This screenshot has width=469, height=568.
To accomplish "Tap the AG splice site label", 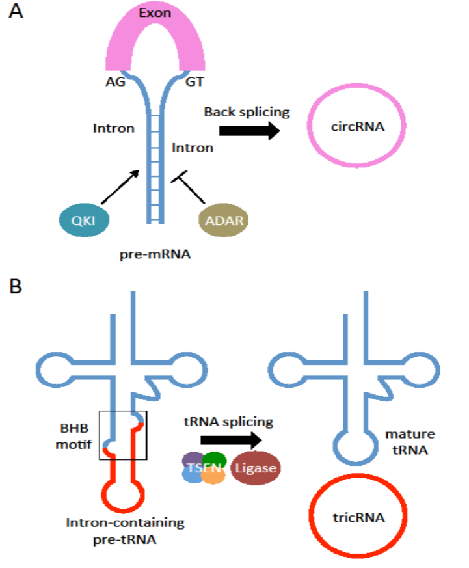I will (x=115, y=83).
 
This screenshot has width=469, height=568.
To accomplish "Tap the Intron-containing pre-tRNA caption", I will (x=125, y=530).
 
